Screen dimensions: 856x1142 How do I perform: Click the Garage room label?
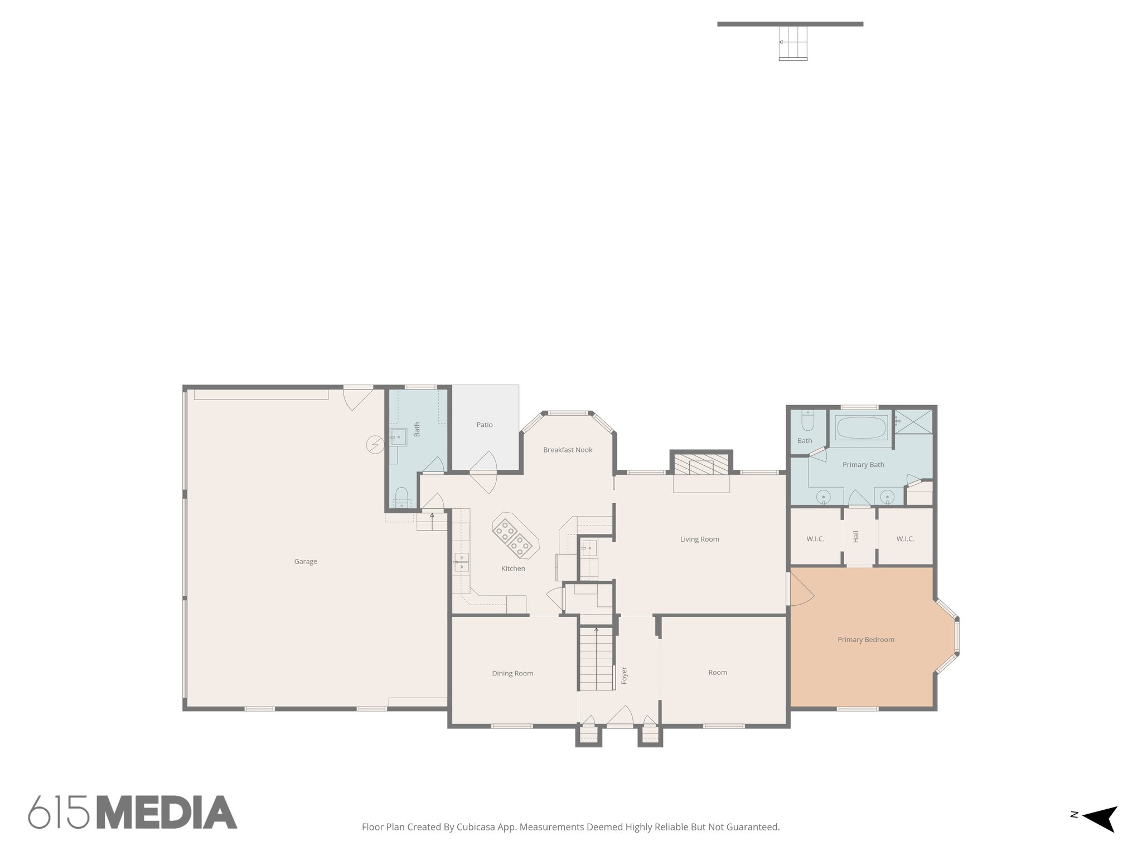click(x=306, y=561)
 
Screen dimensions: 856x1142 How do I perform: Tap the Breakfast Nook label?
click(x=568, y=450)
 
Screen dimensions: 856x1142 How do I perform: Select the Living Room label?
click(x=699, y=539)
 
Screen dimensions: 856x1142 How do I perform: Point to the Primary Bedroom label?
click(x=865, y=639)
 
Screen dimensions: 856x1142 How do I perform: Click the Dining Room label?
click(x=512, y=673)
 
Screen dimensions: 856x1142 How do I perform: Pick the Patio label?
click(x=485, y=425)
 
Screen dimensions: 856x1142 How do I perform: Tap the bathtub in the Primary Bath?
click(x=861, y=428)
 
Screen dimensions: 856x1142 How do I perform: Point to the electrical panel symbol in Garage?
click(x=375, y=444)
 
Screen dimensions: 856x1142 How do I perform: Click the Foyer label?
click(x=624, y=675)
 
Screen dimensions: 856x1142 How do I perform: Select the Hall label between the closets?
click(x=856, y=536)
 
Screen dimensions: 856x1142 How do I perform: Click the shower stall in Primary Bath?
click(x=913, y=422)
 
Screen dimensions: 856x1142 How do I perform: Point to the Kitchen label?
click(x=513, y=568)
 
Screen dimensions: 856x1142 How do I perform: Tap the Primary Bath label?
click(x=863, y=465)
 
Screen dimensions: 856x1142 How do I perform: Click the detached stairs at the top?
click(x=793, y=42)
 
